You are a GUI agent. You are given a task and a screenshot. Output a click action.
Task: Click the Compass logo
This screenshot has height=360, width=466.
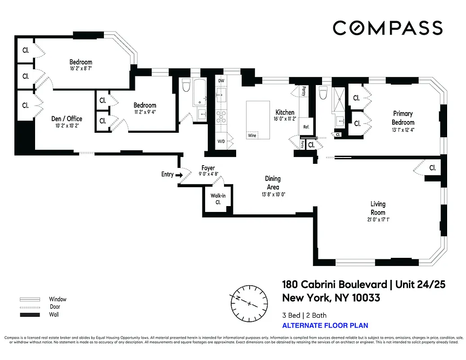(387, 28)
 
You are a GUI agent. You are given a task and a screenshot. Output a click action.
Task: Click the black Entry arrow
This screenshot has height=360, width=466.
(179, 175)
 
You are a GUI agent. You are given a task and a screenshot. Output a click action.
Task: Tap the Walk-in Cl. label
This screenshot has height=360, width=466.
(218, 199)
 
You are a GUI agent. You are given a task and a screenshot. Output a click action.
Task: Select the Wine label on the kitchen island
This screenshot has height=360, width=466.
(252, 135)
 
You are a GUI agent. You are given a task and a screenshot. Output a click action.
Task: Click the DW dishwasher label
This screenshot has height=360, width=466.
(221, 81)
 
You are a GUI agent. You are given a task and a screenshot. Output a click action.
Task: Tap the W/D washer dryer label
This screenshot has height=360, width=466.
(221, 141)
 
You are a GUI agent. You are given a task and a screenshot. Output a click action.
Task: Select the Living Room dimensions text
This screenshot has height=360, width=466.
(377, 220)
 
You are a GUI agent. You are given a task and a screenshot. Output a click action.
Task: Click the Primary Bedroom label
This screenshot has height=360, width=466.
(403, 118)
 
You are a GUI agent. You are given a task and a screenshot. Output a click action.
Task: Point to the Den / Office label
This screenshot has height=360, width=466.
(67, 119)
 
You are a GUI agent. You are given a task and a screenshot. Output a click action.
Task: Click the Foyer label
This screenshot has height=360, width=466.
(208, 168)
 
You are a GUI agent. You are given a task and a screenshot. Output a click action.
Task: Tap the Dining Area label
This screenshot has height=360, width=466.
(273, 183)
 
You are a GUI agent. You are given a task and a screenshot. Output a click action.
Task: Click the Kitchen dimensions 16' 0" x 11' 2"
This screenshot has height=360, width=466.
(285, 119)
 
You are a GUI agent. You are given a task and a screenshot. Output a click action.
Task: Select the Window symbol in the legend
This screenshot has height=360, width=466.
(30, 299)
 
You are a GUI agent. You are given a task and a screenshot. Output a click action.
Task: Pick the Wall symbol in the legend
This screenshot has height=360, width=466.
(30, 315)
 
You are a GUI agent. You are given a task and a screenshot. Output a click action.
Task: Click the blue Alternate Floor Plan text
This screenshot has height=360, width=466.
(325, 325)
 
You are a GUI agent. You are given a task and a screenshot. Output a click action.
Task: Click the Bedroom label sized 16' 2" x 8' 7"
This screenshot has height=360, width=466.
(81, 62)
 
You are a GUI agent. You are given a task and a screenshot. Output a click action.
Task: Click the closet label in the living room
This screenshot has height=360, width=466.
(432, 168)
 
